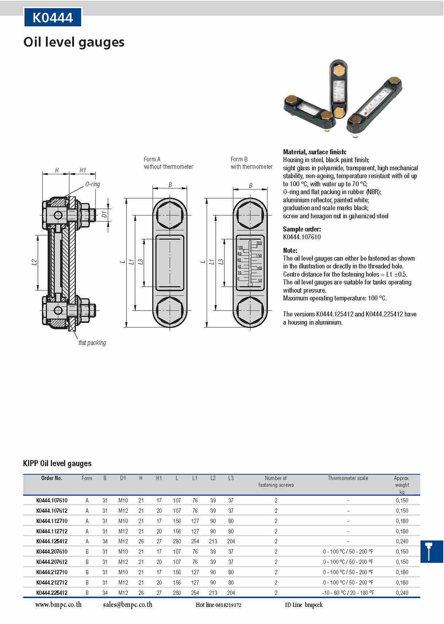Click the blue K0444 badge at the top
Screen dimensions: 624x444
pos(53,17)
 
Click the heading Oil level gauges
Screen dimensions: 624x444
pos(74,42)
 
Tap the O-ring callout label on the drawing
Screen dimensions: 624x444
pos(93,184)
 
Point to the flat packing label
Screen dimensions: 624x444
pos(92,343)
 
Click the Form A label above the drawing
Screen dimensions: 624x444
pos(152,159)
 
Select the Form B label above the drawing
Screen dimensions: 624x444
pos(239,159)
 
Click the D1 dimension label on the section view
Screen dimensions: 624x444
pos(104,214)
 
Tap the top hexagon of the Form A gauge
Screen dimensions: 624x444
pos(170,215)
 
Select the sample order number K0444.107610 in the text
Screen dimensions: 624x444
pos(302,237)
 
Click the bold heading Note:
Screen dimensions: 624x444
pos(290,250)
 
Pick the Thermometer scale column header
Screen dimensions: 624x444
pos(348,478)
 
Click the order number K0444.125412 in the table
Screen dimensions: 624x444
pos(52,541)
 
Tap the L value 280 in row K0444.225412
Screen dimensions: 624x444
pos(177,593)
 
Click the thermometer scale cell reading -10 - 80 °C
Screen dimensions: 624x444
pos(348,593)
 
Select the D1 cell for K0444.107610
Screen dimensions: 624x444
pos(123,500)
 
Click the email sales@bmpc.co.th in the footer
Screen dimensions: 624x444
pos(128,605)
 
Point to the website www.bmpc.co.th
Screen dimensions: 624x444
pos(58,605)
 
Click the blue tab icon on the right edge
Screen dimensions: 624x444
pos(432,551)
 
